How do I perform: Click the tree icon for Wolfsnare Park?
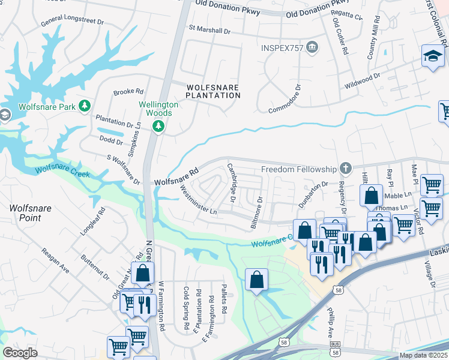point(85,106)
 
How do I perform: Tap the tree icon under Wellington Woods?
point(158,126)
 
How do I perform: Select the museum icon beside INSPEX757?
point(312,47)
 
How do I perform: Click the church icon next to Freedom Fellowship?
point(345,169)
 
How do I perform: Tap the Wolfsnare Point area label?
point(25,213)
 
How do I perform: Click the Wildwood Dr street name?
point(361,82)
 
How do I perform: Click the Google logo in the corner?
point(20,352)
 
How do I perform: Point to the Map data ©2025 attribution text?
point(423,355)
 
